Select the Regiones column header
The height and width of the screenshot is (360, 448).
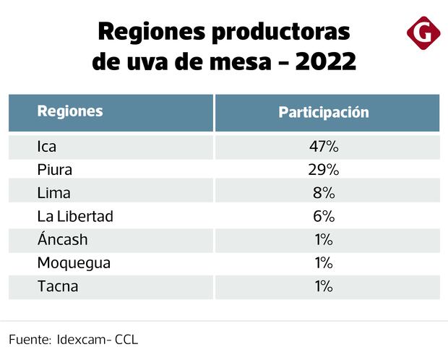(x=70, y=111)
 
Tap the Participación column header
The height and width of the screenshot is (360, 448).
(x=324, y=113)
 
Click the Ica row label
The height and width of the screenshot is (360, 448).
(x=47, y=147)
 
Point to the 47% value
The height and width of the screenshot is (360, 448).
(x=324, y=147)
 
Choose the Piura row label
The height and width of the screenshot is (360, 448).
(x=56, y=170)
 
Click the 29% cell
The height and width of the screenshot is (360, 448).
(x=324, y=170)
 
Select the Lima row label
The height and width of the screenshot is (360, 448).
(x=53, y=193)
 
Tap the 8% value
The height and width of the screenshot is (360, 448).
(x=324, y=193)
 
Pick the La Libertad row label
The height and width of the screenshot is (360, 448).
(x=75, y=216)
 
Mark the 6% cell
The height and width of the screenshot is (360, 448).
(x=324, y=216)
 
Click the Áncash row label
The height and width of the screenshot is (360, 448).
(x=62, y=239)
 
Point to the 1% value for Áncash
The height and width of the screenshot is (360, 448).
(x=324, y=240)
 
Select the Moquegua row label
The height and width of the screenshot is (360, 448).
(x=74, y=263)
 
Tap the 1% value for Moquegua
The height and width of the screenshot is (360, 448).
(x=324, y=263)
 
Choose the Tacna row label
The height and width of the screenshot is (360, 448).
(x=58, y=286)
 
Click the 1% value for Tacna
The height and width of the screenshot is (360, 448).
(x=324, y=286)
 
